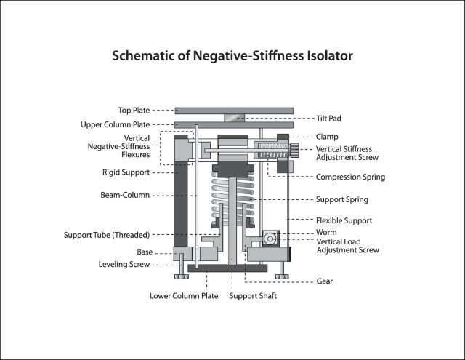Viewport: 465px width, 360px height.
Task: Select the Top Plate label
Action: [x=134, y=111]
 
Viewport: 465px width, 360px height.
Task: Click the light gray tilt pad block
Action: [x=233, y=118]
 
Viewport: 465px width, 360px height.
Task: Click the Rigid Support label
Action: [x=127, y=172]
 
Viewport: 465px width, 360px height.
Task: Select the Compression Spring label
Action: [x=350, y=177]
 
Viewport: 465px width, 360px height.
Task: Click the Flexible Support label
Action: [x=344, y=220]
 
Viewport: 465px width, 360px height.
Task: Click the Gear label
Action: [x=325, y=281]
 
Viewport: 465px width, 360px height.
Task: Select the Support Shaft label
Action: [x=252, y=296]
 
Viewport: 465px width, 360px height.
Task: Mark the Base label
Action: [x=145, y=252]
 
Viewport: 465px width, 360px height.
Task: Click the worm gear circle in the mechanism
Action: [x=270, y=239]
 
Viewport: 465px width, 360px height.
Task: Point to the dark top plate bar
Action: [x=233, y=111]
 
